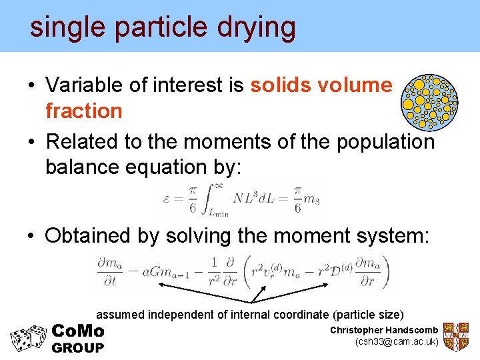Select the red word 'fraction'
tap(83, 111)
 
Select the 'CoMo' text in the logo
tap(77, 331)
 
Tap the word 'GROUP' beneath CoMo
tap(77, 347)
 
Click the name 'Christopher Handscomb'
tap(384, 331)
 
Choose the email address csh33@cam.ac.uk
tap(397, 342)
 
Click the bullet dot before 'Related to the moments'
tap(31, 143)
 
